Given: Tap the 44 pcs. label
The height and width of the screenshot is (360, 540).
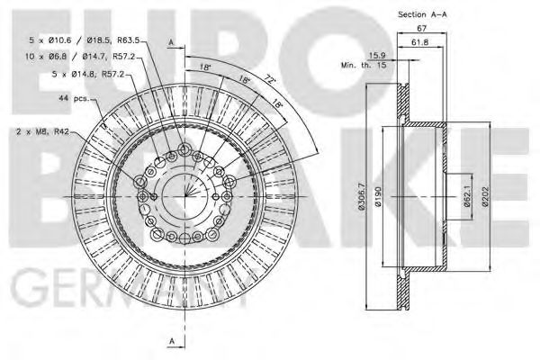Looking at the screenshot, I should (73, 97).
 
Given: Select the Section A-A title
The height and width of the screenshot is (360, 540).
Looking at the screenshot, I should (423, 13).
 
